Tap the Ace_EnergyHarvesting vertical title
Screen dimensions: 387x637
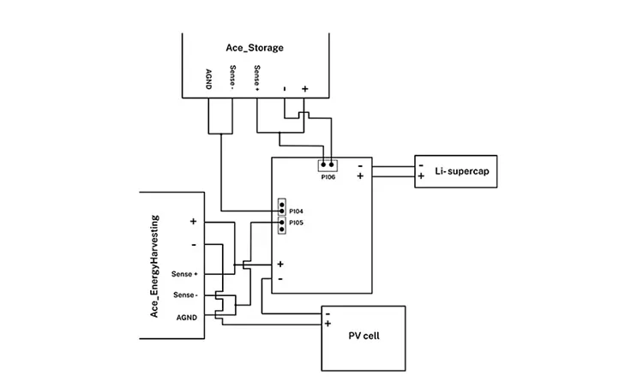tap(155, 265)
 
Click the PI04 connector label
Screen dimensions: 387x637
tap(296, 210)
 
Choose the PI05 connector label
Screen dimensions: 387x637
tap(296, 223)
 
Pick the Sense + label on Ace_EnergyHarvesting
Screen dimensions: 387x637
tap(184, 274)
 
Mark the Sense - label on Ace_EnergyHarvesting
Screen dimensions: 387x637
tap(185, 295)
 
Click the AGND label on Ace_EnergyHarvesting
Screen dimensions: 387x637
tap(187, 316)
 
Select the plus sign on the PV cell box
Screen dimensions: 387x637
tap(328, 324)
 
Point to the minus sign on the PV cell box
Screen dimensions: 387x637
tap(328, 313)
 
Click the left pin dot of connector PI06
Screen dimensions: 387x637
tap(322, 164)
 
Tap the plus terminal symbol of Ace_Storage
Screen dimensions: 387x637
tap(304, 89)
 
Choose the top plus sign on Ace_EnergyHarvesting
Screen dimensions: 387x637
tap(193, 221)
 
